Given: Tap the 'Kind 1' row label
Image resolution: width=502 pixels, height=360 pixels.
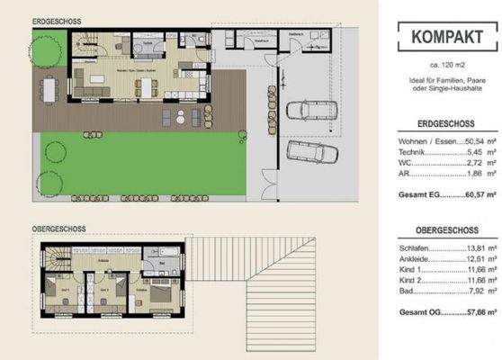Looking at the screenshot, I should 407,271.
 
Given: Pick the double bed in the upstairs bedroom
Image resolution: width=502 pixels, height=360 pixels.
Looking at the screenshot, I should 163,293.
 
